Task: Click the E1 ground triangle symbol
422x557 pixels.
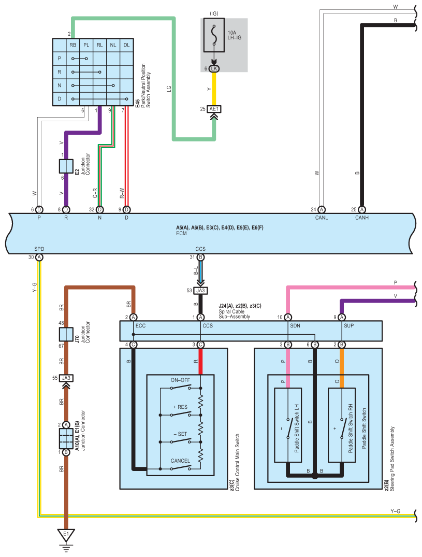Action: [x=66, y=535]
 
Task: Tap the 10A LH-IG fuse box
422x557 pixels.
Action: [x=214, y=35]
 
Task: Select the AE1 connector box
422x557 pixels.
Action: [x=214, y=109]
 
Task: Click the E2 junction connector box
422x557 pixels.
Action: [x=66, y=166]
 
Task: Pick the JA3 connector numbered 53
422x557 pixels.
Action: [x=200, y=291]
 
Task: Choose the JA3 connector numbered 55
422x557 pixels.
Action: [x=66, y=378]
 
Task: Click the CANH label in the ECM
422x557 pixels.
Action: [x=361, y=218]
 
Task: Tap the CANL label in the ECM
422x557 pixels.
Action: [x=322, y=218]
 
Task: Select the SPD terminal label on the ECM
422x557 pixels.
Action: [x=39, y=249]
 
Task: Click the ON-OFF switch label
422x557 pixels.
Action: [x=180, y=380]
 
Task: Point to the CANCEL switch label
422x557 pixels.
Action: [x=180, y=461]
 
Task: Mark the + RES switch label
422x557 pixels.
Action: [x=180, y=407]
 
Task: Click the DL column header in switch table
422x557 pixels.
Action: [x=127, y=45]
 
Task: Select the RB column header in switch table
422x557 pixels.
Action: [x=73, y=45]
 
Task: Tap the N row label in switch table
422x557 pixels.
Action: [x=59, y=85]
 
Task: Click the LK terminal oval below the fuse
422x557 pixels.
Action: [x=214, y=68]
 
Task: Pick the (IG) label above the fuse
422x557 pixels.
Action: [x=214, y=13]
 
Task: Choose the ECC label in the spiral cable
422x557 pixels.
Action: [x=140, y=326]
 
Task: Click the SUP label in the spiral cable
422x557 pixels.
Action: [x=349, y=326]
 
